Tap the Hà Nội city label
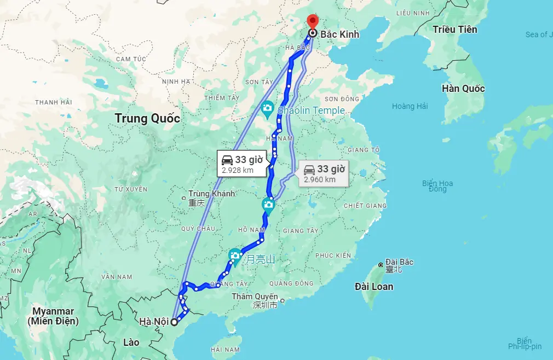point(154,321)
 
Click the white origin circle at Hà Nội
point(174,322)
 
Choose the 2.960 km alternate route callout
point(324,173)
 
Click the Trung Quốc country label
point(147,118)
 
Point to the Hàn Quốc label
point(463,89)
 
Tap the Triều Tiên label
point(454,30)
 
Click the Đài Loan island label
point(374,286)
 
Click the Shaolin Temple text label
point(311,111)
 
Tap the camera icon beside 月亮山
point(235,256)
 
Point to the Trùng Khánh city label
point(211,194)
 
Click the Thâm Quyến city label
point(255,297)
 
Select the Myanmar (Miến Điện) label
point(53,316)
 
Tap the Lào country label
point(131,342)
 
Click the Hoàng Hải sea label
point(410,106)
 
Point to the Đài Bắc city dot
point(381,265)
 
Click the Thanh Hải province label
point(54,102)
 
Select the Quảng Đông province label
point(291,283)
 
